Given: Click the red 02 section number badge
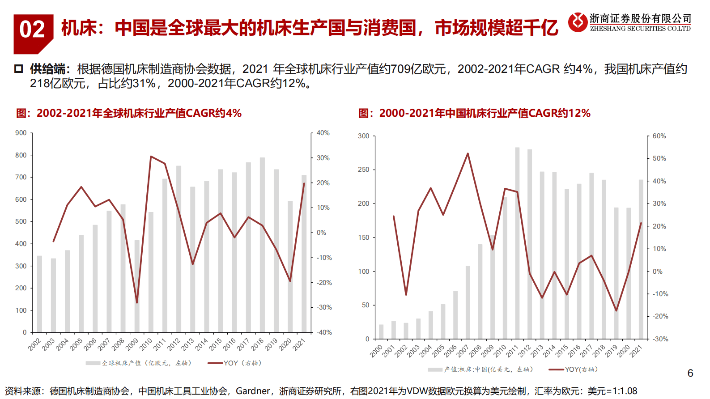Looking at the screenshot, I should pos(32,30).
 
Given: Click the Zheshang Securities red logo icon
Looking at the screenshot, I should pos(578,22).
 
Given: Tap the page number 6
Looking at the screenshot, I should pos(690,373).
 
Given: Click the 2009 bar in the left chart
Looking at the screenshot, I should pos(137,286).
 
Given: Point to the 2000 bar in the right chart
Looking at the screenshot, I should pos(381,331).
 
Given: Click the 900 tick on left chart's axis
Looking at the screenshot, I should pos(21,133).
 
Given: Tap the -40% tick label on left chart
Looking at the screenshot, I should pos(324,332).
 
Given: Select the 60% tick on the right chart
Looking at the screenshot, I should pos(659,136).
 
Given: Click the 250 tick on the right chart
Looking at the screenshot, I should pos(363,170).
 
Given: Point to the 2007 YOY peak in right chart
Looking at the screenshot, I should pos(468,154).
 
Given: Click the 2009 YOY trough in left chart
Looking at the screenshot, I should pos(137,302).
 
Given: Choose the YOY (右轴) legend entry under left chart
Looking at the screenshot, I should pos(235,363).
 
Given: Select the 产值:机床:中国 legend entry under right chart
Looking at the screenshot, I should pos(481,369).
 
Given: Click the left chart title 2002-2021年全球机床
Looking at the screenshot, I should pos(129,113).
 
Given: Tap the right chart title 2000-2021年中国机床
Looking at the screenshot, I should pos(474,113).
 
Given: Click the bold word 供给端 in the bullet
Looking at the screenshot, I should pos(47,69).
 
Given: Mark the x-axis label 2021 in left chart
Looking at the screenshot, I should pos(299,344).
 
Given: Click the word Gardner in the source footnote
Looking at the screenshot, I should pos(253,391).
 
